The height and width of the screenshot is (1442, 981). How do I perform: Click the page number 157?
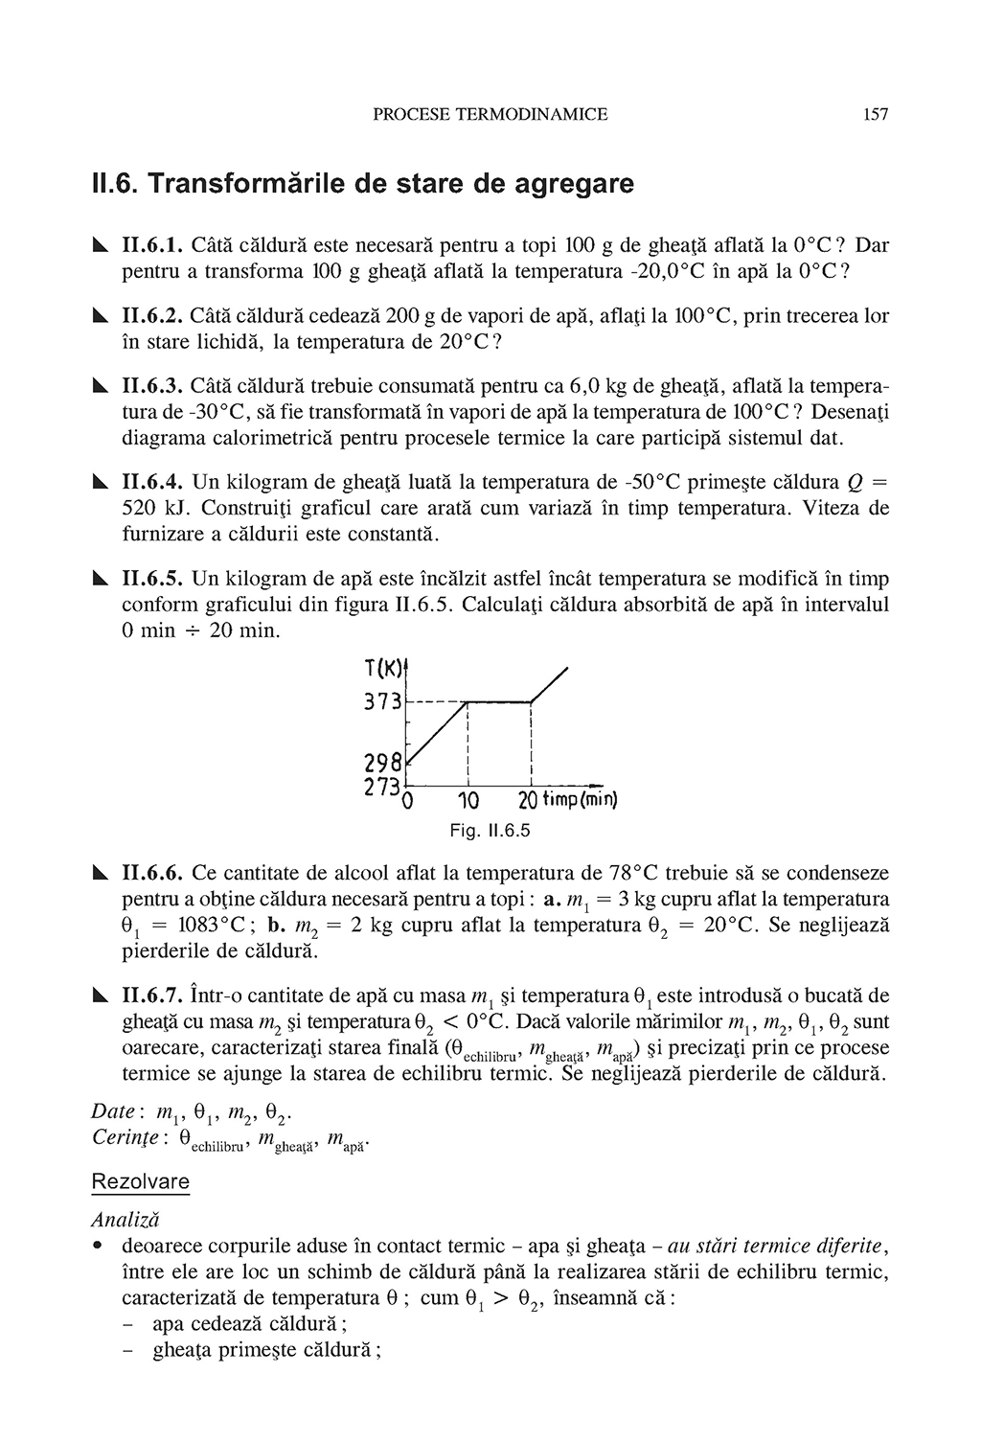click(876, 115)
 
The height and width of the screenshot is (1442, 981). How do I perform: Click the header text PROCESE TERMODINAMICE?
click(490, 115)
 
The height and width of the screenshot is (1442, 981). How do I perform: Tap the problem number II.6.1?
click(153, 245)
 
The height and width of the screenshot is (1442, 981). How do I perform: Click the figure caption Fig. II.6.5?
click(490, 831)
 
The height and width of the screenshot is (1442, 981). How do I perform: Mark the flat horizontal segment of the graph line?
click(498, 702)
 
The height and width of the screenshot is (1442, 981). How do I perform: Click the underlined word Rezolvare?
click(140, 1181)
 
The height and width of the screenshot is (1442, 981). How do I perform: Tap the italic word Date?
click(112, 1112)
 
